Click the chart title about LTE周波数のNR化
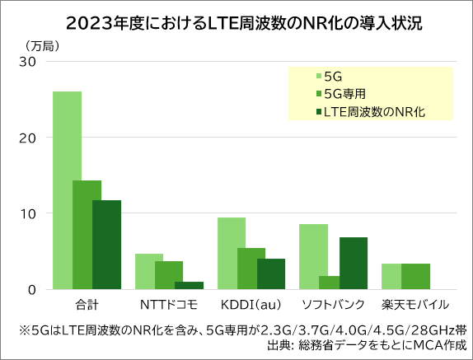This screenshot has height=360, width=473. [x=236, y=21]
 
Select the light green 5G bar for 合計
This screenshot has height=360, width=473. [x=67, y=189]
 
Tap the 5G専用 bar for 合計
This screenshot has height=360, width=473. [x=87, y=235]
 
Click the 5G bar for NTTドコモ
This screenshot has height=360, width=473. [x=149, y=271]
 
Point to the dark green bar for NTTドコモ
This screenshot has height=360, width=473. [x=189, y=285]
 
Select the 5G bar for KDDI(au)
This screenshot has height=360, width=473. [x=232, y=253]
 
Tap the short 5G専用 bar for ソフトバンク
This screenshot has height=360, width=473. [x=334, y=283]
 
